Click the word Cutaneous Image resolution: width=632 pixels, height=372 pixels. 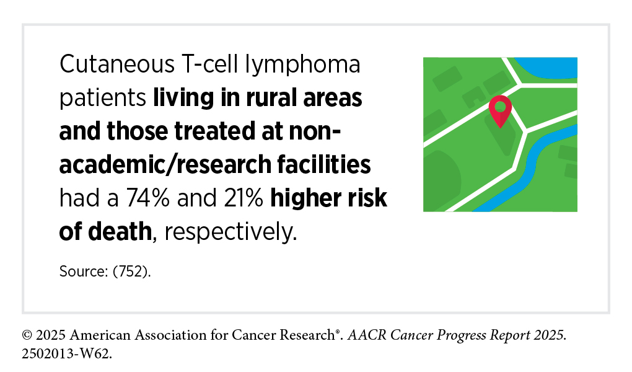pos(117,64)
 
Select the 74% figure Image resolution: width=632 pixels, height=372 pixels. pos(148,198)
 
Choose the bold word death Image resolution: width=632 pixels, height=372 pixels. pos(120,232)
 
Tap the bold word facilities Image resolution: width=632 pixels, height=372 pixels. pos(323,164)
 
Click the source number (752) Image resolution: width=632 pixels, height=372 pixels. pos(131,271)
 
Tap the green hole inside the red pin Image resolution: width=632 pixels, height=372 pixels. pos(500,107)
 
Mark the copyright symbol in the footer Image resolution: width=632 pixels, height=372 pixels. pos(27,335)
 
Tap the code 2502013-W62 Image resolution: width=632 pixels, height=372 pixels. pos(67,354)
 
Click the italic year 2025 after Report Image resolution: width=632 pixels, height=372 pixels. pos(551,335)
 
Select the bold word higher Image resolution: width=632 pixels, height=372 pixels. pos(301,198)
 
